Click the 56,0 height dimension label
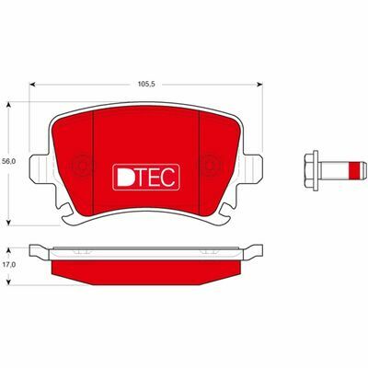coord(9,161)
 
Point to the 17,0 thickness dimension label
coord(9,263)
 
